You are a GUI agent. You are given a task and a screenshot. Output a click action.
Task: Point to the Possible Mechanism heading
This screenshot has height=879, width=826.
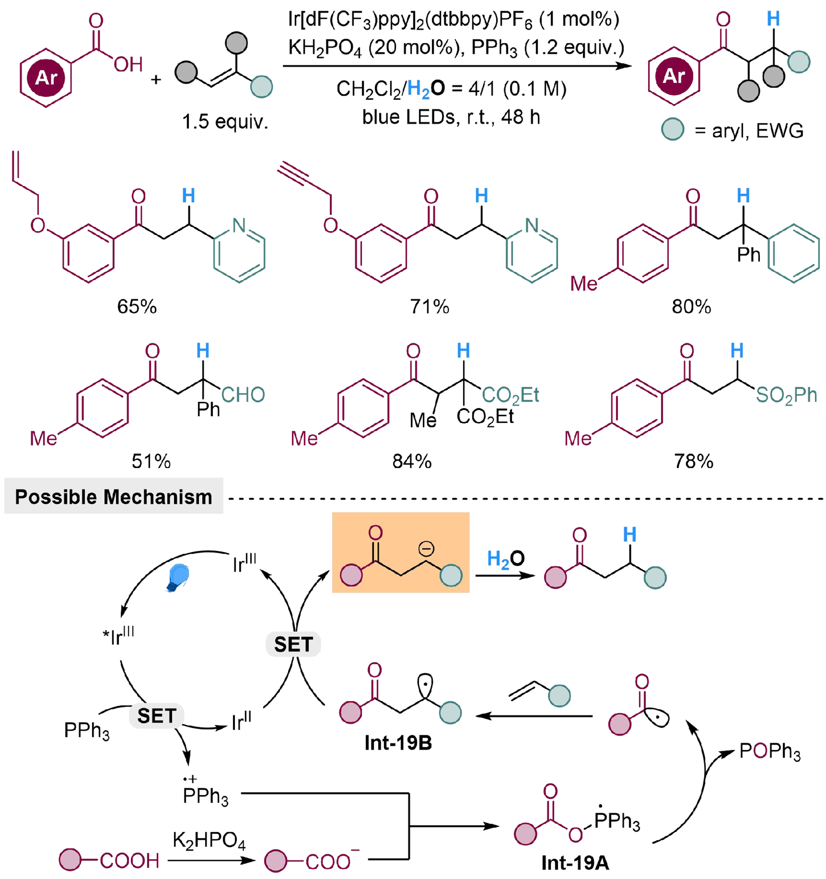[x=114, y=497]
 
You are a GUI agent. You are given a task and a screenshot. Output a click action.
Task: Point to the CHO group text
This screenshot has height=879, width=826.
[x=243, y=395]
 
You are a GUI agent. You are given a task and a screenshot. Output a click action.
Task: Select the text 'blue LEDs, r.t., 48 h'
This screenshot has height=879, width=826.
[x=451, y=117]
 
